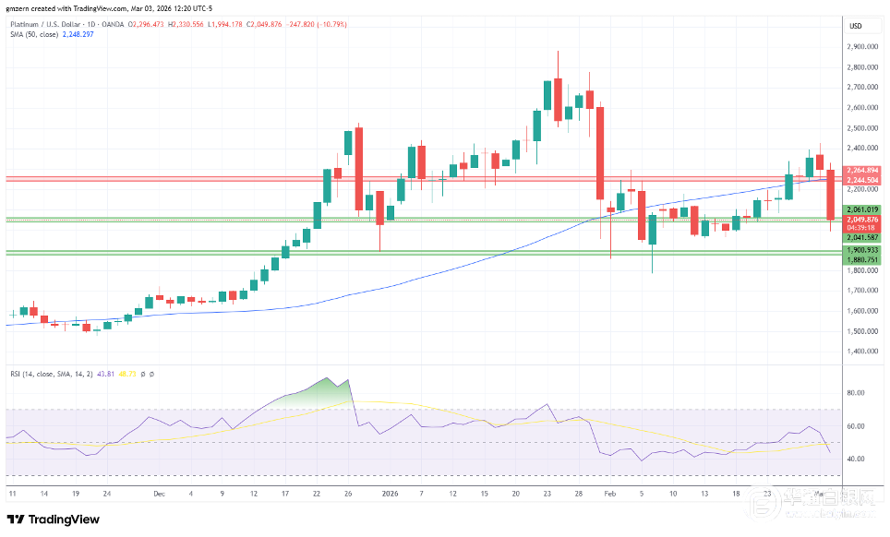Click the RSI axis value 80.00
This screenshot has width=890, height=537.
tap(854, 392)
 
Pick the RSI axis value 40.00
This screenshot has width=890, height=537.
tap(854, 459)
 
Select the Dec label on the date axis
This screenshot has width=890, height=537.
tap(159, 494)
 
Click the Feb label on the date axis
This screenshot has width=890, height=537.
tap(609, 494)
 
